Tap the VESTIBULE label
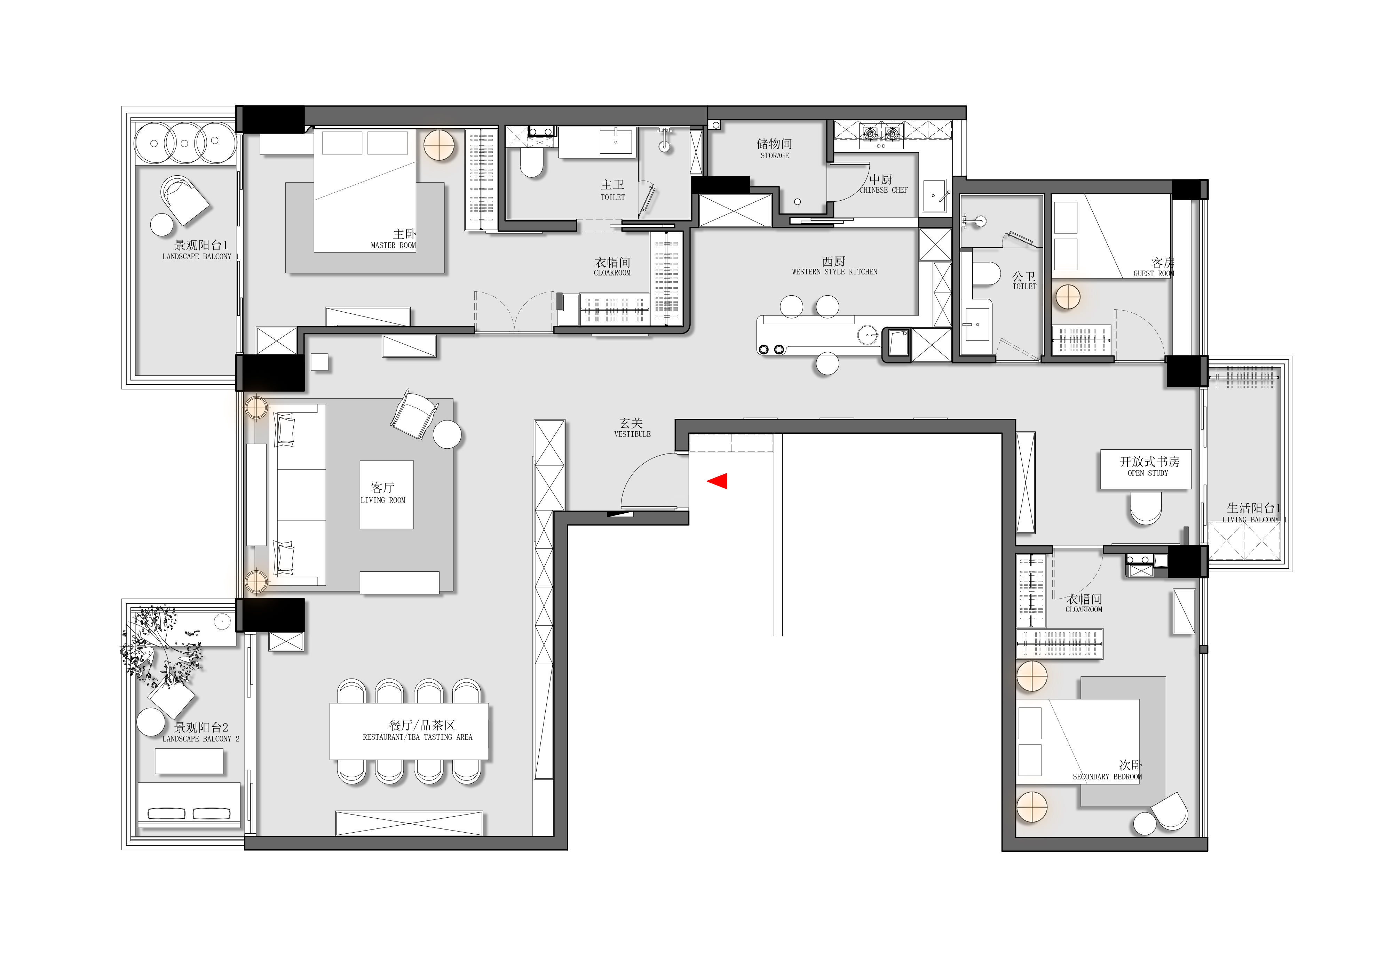pos(632,434)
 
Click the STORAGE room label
pos(774,155)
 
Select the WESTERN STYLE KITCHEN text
pos(834,272)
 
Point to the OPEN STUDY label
pos(1148,473)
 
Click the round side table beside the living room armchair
pos(447,434)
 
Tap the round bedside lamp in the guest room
pos(1067,297)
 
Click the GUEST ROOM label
pos(1154,274)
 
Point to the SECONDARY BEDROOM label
pos(1107,777)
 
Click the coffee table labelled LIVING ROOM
pos(387,495)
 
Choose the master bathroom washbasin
pos(616,142)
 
